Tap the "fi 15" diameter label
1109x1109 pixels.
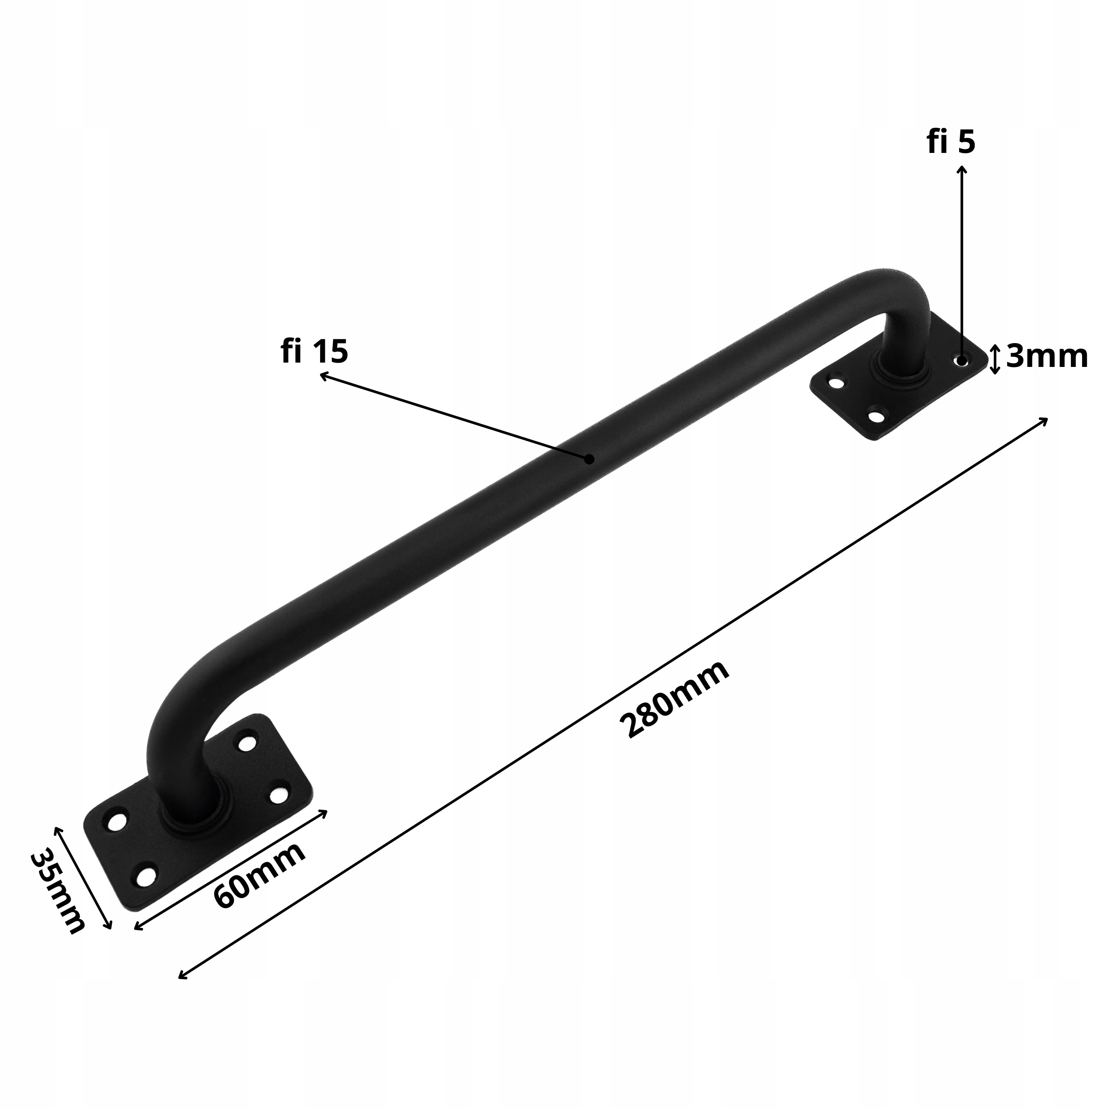coord(315,351)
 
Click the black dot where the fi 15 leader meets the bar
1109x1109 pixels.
coord(589,459)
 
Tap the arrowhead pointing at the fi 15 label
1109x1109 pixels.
coord(323,376)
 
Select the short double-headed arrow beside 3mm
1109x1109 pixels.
coord(996,359)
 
